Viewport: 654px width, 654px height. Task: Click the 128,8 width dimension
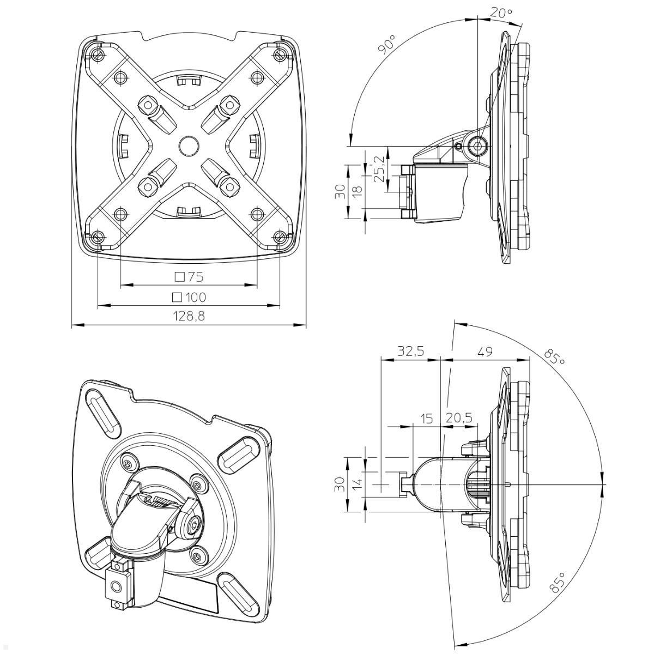189,316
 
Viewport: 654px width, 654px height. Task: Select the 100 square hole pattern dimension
189,297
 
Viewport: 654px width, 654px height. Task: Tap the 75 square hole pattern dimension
189,277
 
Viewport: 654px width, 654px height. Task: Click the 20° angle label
501,13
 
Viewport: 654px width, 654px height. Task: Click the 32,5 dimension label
410,352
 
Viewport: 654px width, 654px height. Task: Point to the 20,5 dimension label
459,418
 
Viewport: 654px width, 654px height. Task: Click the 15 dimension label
427,418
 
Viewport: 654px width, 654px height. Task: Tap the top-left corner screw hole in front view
97,55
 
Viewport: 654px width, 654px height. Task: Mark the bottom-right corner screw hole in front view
280,237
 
